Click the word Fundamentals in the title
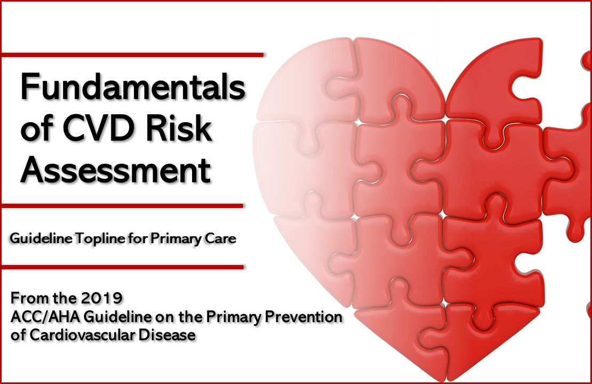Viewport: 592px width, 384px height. [132, 87]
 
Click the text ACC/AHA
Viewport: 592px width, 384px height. [37, 316]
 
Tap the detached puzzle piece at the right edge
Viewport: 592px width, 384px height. [571, 160]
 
